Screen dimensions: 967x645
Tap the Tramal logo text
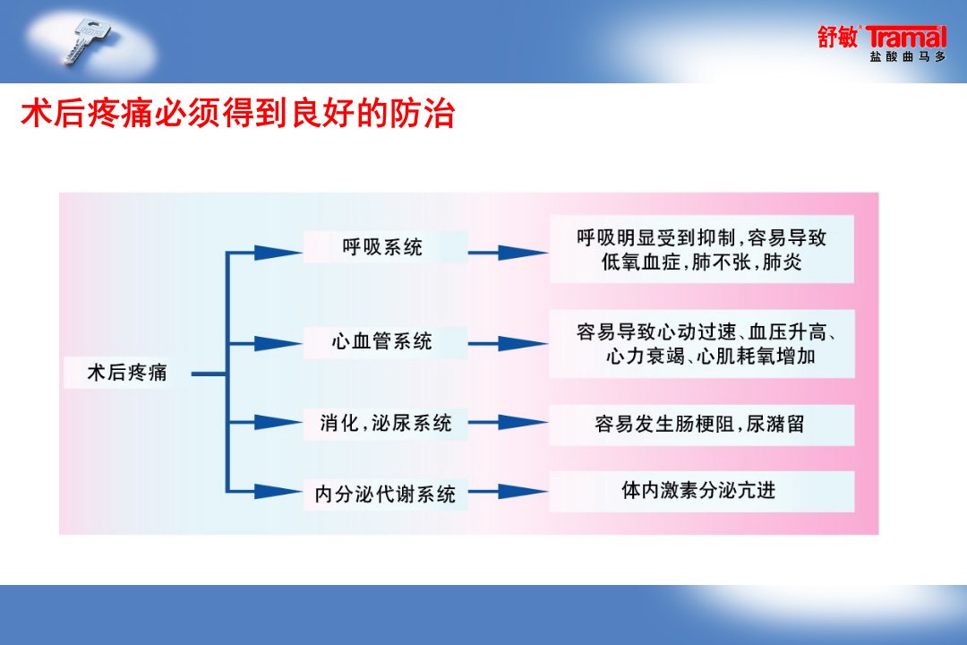click(x=906, y=37)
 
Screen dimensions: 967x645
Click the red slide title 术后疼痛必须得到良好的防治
click(x=238, y=113)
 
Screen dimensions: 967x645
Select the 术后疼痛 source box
click(x=127, y=373)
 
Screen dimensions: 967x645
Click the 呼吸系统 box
click(x=385, y=247)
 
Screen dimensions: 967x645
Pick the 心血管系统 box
click(x=385, y=341)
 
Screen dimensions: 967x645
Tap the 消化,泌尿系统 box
click(x=385, y=423)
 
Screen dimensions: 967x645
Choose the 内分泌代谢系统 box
click(x=385, y=494)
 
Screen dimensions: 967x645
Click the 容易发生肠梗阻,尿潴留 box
click(x=701, y=425)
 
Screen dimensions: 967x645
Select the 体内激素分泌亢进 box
click(x=701, y=491)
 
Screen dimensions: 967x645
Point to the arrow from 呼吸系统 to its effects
click(x=508, y=253)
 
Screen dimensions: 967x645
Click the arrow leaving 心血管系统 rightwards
click(x=508, y=344)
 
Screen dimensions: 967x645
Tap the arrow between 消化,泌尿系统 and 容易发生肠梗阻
click(x=508, y=423)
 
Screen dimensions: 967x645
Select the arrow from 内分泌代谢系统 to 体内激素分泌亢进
click(x=508, y=492)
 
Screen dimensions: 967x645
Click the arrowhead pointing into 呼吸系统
click(x=278, y=253)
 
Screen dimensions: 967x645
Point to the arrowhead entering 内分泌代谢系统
click(x=278, y=492)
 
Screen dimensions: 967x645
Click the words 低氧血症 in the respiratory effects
click(x=641, y=262)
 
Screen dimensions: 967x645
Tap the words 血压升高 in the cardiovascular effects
click(x=788, y=332)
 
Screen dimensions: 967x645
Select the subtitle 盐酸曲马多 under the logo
click(x=907, y=56)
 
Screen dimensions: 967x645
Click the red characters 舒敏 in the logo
click(x=838, y=37)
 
